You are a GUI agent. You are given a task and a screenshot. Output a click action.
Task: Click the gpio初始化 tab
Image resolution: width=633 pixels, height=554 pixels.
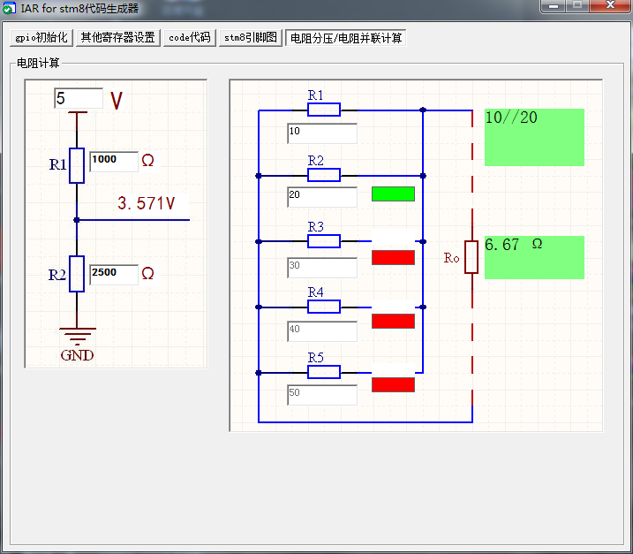(x=41, y=38)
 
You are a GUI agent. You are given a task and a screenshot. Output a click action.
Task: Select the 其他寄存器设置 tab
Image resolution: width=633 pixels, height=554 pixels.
(x=117, y=38)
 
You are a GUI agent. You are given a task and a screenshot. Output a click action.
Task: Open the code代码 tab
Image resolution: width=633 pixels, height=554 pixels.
(x=189, y=38)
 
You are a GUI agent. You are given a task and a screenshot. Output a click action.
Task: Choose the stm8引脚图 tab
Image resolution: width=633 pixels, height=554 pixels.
(x=251, y=38)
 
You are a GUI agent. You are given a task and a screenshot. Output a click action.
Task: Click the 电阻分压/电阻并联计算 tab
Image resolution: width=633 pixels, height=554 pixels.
(x=346, y=38)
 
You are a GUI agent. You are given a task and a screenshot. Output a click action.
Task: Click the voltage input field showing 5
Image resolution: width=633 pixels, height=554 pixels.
(x=78, y=98)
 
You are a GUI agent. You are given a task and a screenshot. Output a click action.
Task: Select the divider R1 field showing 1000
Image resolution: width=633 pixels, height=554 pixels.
(x=113, y=161)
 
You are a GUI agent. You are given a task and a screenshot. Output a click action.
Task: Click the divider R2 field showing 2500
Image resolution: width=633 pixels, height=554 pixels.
(x=113, y=274)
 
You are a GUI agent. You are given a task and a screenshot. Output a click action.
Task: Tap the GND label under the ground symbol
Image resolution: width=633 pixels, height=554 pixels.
(x=77, y=356)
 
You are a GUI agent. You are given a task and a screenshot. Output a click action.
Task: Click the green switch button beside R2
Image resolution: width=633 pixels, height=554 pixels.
(x=393, y=194)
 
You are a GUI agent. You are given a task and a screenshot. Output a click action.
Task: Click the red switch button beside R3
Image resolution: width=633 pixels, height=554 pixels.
(x=393, y=257)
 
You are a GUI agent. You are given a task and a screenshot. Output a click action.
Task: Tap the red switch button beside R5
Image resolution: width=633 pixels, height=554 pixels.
(x=393, y=384)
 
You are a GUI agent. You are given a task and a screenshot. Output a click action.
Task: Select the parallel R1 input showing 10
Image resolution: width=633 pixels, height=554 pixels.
(x=321, y=133)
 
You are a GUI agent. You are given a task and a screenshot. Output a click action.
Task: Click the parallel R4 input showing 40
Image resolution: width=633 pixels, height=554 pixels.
(x=321, y=331)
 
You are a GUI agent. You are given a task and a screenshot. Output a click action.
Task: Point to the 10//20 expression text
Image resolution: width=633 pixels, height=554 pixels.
(x=511, y=118)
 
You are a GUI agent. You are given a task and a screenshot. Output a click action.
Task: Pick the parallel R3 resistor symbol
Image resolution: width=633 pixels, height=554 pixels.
(x=323, y=241)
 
